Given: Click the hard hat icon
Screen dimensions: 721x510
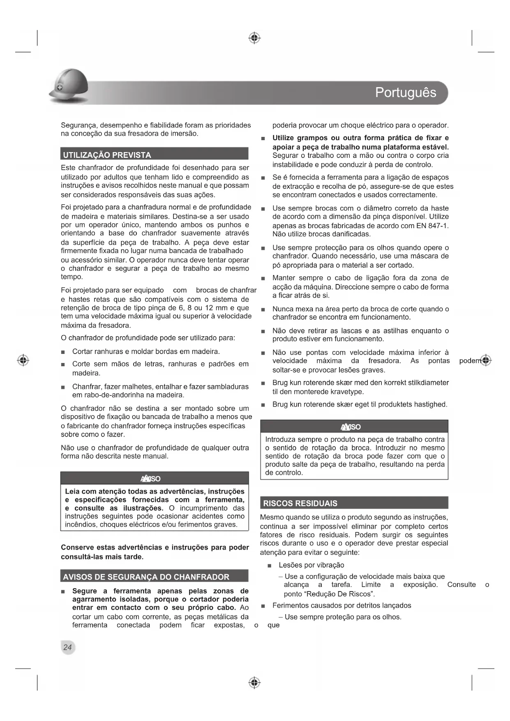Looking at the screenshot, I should tap(69, 86).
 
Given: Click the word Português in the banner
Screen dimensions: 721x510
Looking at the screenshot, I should tap(405, 92).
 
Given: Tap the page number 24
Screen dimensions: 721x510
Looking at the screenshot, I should tap(67, 647).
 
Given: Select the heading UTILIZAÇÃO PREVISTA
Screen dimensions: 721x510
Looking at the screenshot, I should tap(107, 155).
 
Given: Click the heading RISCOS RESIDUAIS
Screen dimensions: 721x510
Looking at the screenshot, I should tap(300, 503).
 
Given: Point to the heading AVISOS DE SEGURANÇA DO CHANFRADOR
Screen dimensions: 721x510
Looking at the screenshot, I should tap(146, 577).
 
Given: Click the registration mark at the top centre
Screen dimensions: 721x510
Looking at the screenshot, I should tap(254, 38).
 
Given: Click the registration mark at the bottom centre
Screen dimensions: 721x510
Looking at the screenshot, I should tap(254, 683).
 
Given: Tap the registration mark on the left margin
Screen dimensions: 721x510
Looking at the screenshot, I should tap(23, 360).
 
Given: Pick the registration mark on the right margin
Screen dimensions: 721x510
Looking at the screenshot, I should tap(486, 360).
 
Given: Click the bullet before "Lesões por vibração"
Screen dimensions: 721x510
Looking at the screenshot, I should tap(269, 566).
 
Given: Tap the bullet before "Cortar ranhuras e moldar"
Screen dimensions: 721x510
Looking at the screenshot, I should tap(63, 352).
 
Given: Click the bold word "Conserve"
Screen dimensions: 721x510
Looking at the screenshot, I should tap(76, 547).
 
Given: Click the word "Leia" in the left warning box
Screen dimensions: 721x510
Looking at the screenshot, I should tap(72, 491).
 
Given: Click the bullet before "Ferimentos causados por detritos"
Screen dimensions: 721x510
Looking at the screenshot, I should tap(263, 606).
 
